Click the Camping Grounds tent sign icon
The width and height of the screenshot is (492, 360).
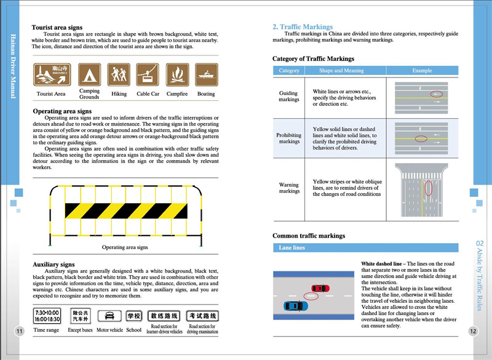[89, 75]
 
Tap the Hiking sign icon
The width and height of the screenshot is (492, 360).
[119, 75]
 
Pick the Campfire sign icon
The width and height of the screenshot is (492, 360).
[177, 75]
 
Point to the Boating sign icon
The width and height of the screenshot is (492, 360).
[206, 75]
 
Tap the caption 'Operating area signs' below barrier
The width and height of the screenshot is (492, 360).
[125, 247]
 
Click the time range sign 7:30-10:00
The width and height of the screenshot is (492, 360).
[47, 316]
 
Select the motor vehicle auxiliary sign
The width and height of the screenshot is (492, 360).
[109, 316]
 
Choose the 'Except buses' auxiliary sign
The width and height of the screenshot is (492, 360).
[80, 316]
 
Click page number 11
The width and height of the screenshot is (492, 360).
[19, 332]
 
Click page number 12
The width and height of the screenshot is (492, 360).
[473, 332]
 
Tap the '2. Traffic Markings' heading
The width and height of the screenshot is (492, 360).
[303, 27]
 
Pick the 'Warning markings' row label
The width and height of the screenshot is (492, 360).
[289, 188]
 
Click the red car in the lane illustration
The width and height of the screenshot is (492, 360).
[320, 288]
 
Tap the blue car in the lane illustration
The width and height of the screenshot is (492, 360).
[292, 305]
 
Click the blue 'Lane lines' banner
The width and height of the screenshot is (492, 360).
[365, 247]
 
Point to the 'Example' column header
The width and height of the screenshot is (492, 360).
[422, 71]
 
